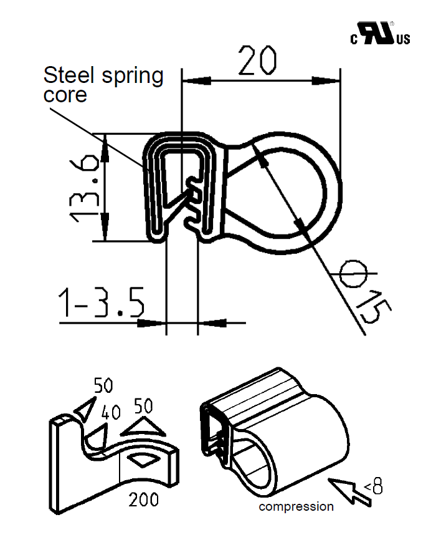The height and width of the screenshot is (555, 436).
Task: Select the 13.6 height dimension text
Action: pyautogui.click(x=83, y=187)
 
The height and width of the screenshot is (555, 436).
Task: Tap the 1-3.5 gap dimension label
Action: pyautogui.click(x=102, y=304)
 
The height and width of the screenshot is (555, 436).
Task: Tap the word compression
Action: pyautogui.click(x=296, y=507)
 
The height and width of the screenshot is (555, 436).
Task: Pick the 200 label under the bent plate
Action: pyautogui.click(x=143, y=499)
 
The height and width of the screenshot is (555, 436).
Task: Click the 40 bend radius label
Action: pyautogui.click(x=110, y=413)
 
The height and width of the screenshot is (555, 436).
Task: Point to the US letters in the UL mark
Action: pyautogui.click(x=402, y=39)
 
